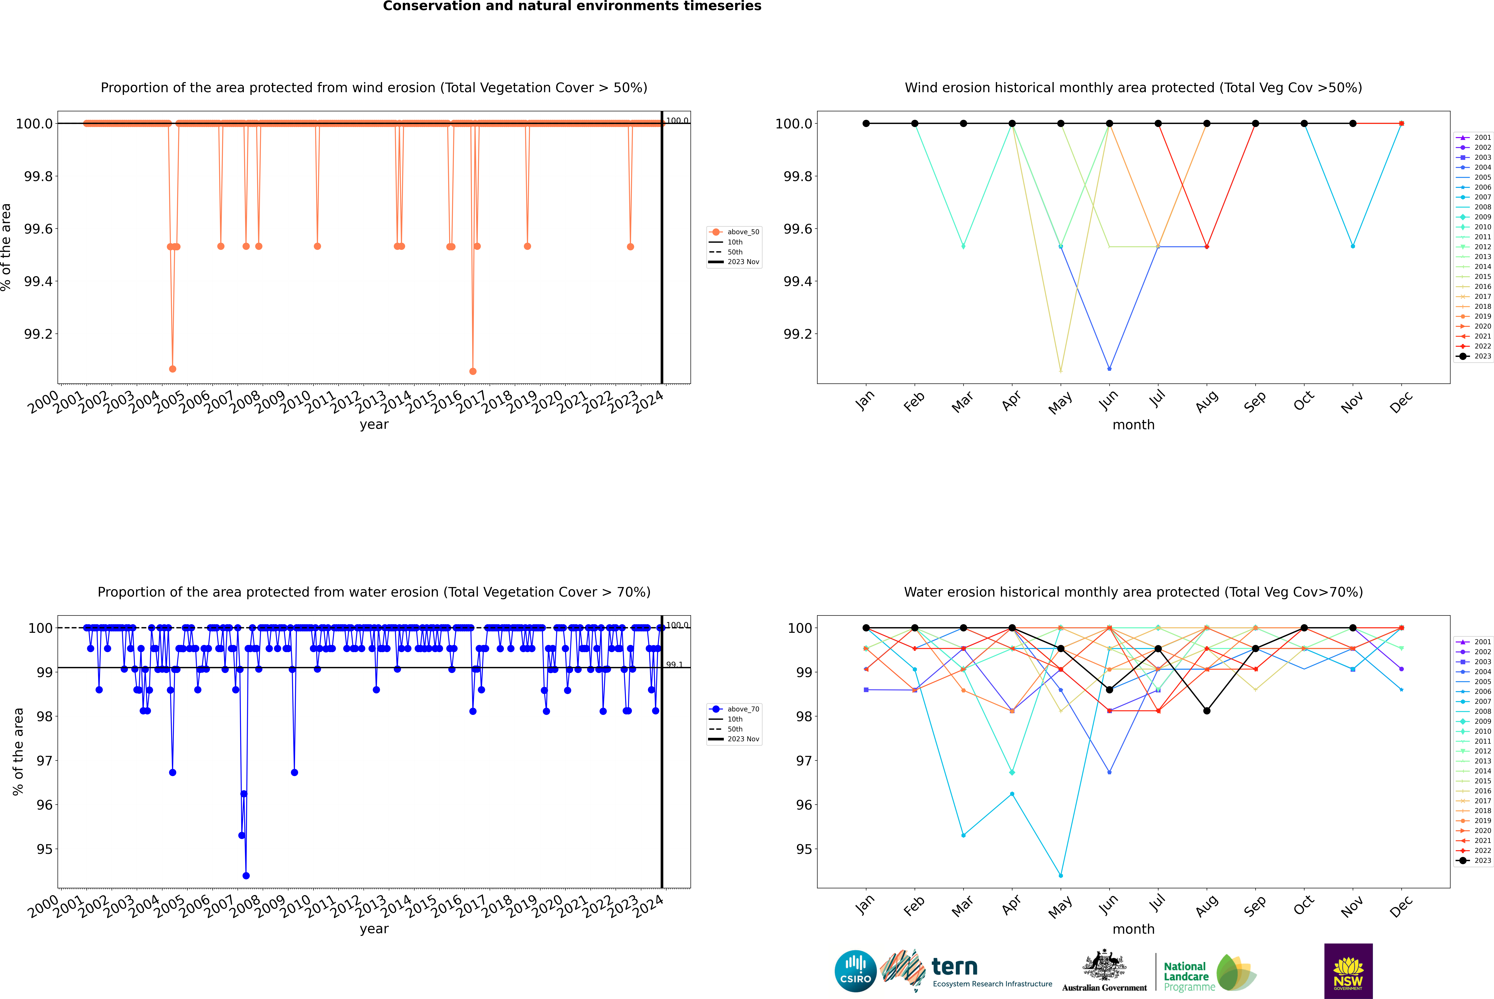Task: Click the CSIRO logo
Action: point(855,971)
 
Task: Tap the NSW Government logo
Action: point(1348,971)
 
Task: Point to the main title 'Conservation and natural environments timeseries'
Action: point(572,6)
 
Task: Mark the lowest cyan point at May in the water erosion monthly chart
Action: point(1060,875)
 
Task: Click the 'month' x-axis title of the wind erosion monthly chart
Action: point(1133,425)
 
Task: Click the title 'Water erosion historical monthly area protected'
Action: point(1133,592)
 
